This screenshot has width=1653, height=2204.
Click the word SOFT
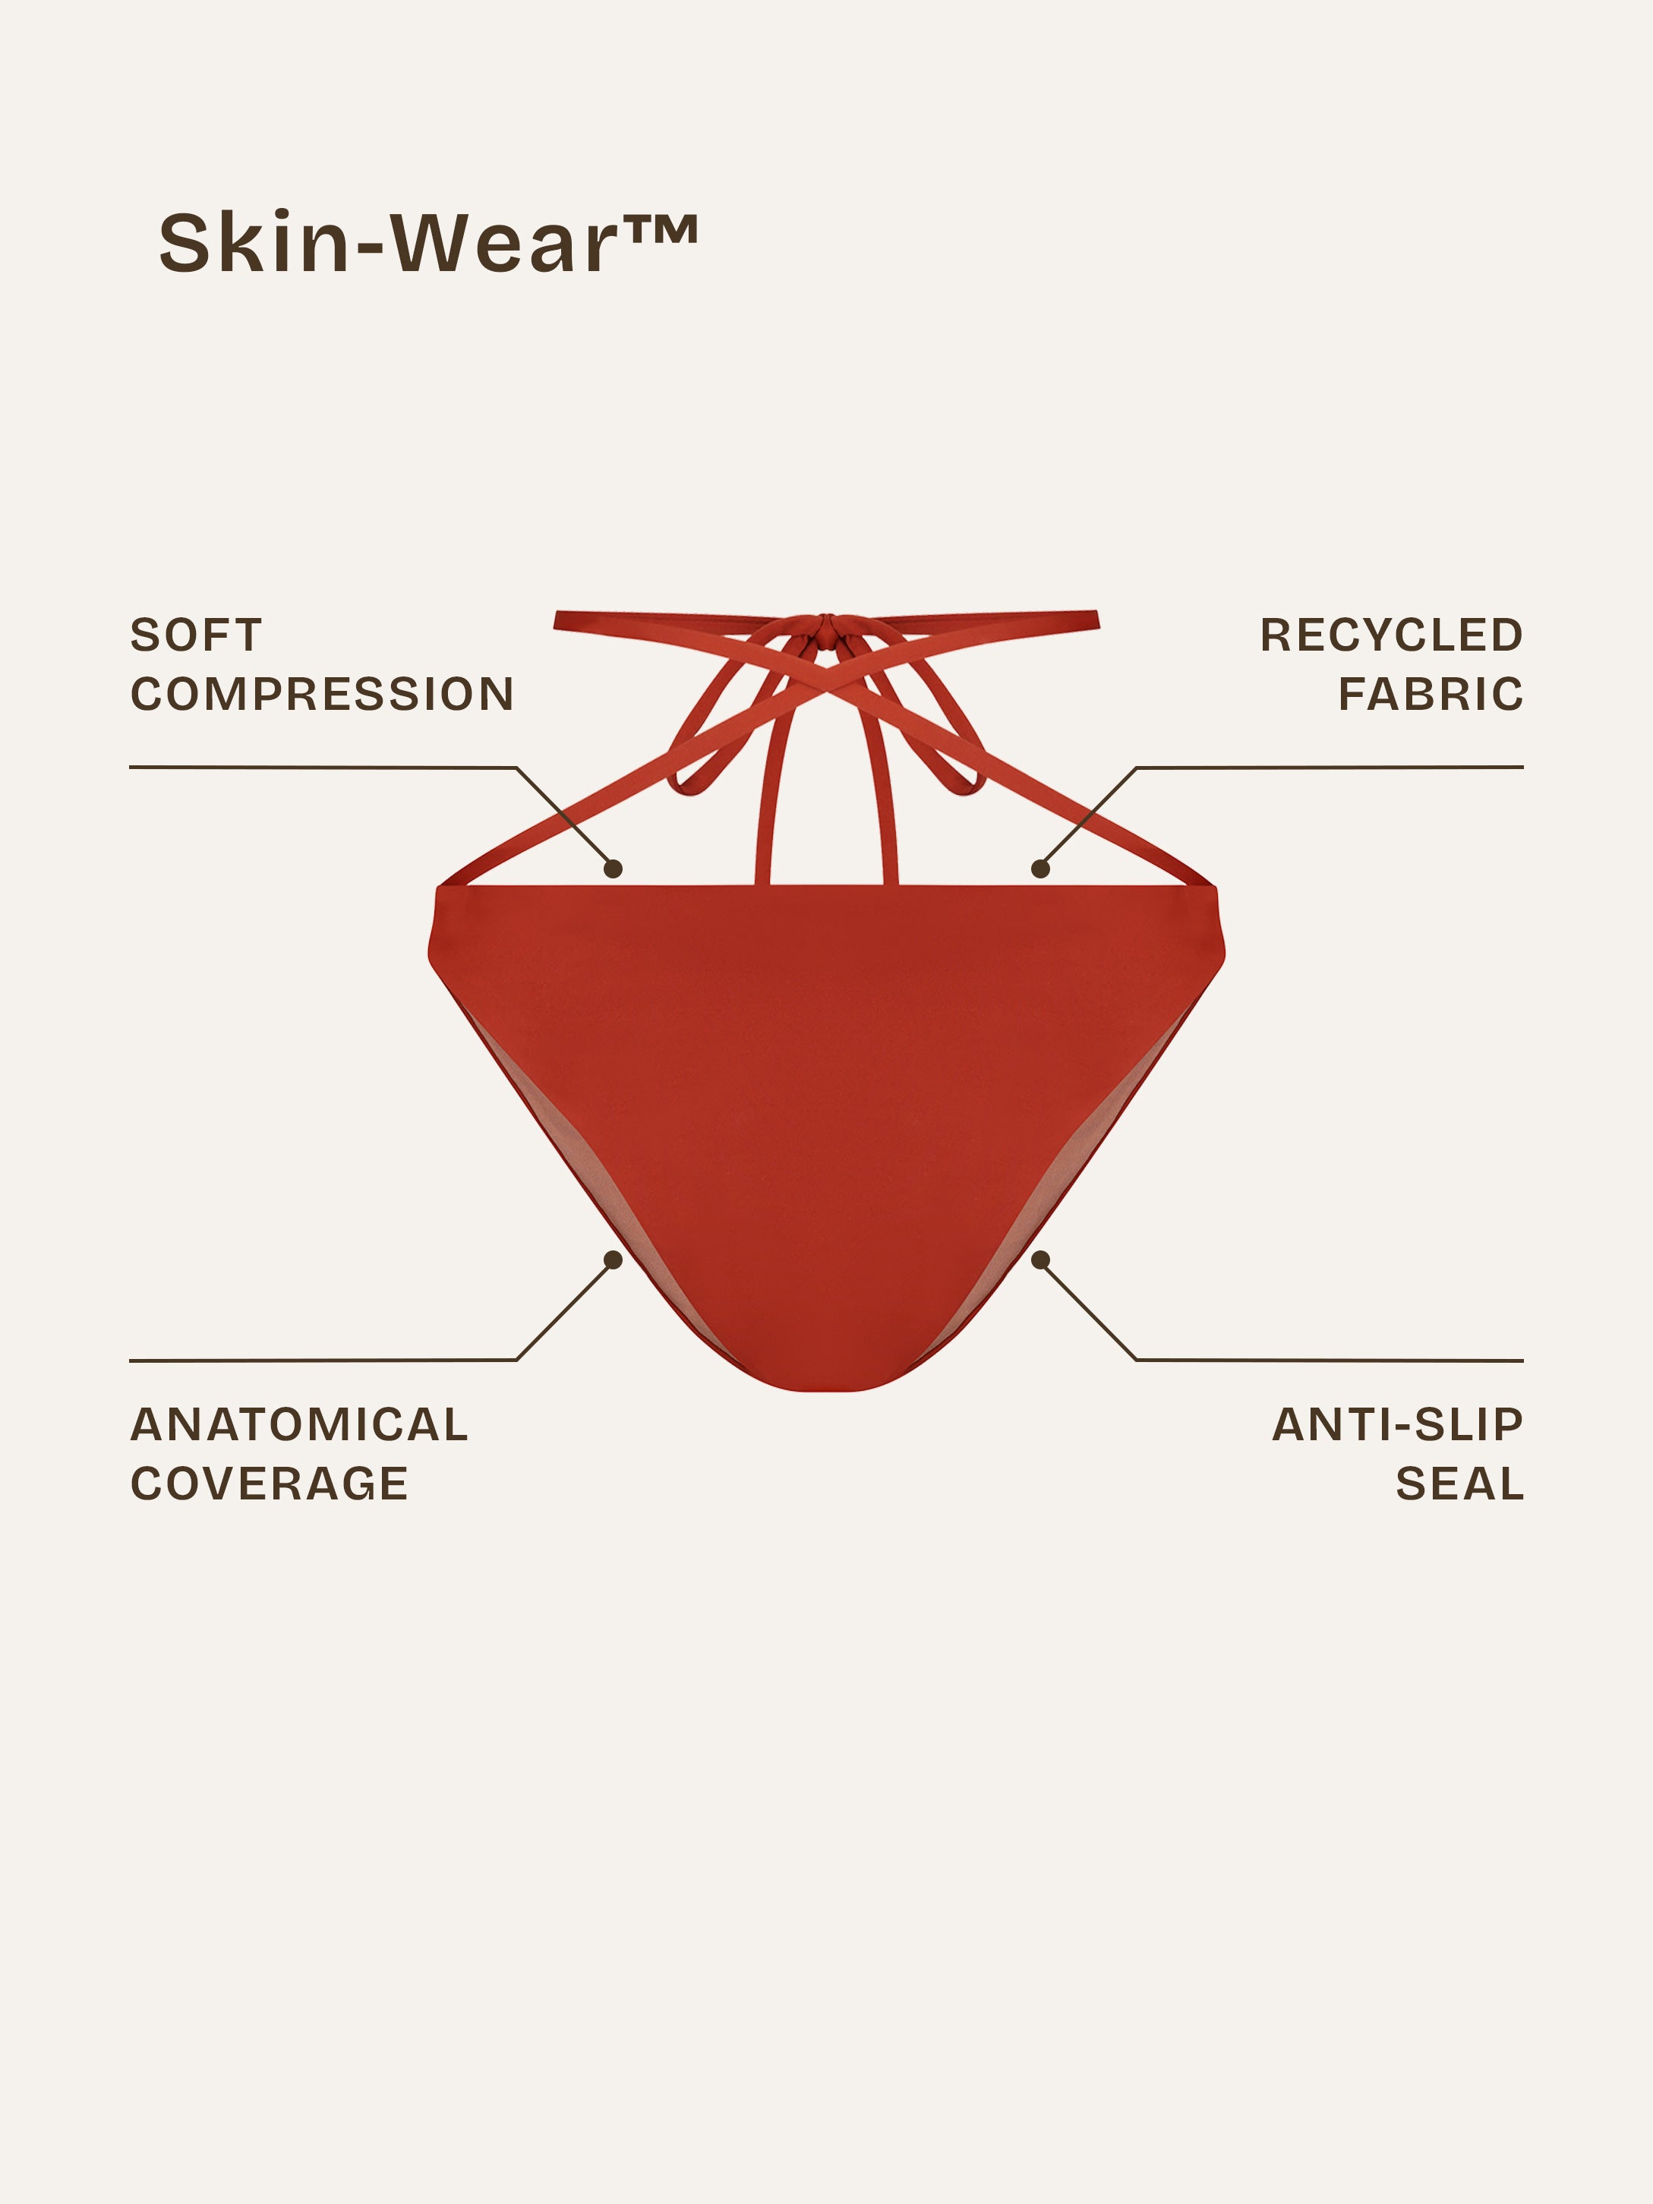click(197, 635)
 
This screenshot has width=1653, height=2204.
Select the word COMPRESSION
click(322, 695)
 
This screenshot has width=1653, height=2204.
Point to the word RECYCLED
click(1392, 635)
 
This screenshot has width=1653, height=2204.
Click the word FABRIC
click(1431, 695)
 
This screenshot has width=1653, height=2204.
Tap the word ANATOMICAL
click(299, 1425)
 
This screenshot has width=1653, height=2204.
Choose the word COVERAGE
click(269, 1484)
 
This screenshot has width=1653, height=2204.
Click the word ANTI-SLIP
click(1398, 1425)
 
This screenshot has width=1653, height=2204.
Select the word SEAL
click(1459, 1484)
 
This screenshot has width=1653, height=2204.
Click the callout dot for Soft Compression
click(614, 869)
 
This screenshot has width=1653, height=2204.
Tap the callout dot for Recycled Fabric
click(1040, 869)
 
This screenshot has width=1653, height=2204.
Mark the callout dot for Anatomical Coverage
click(614, 1260)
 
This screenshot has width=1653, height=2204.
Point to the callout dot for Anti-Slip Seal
click(1040, 1260)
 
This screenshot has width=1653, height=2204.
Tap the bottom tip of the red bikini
click(827, 1389)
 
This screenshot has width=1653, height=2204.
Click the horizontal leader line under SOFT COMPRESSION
click(323, 768)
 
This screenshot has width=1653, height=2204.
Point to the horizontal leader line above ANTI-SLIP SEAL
click(1330, 1360)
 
